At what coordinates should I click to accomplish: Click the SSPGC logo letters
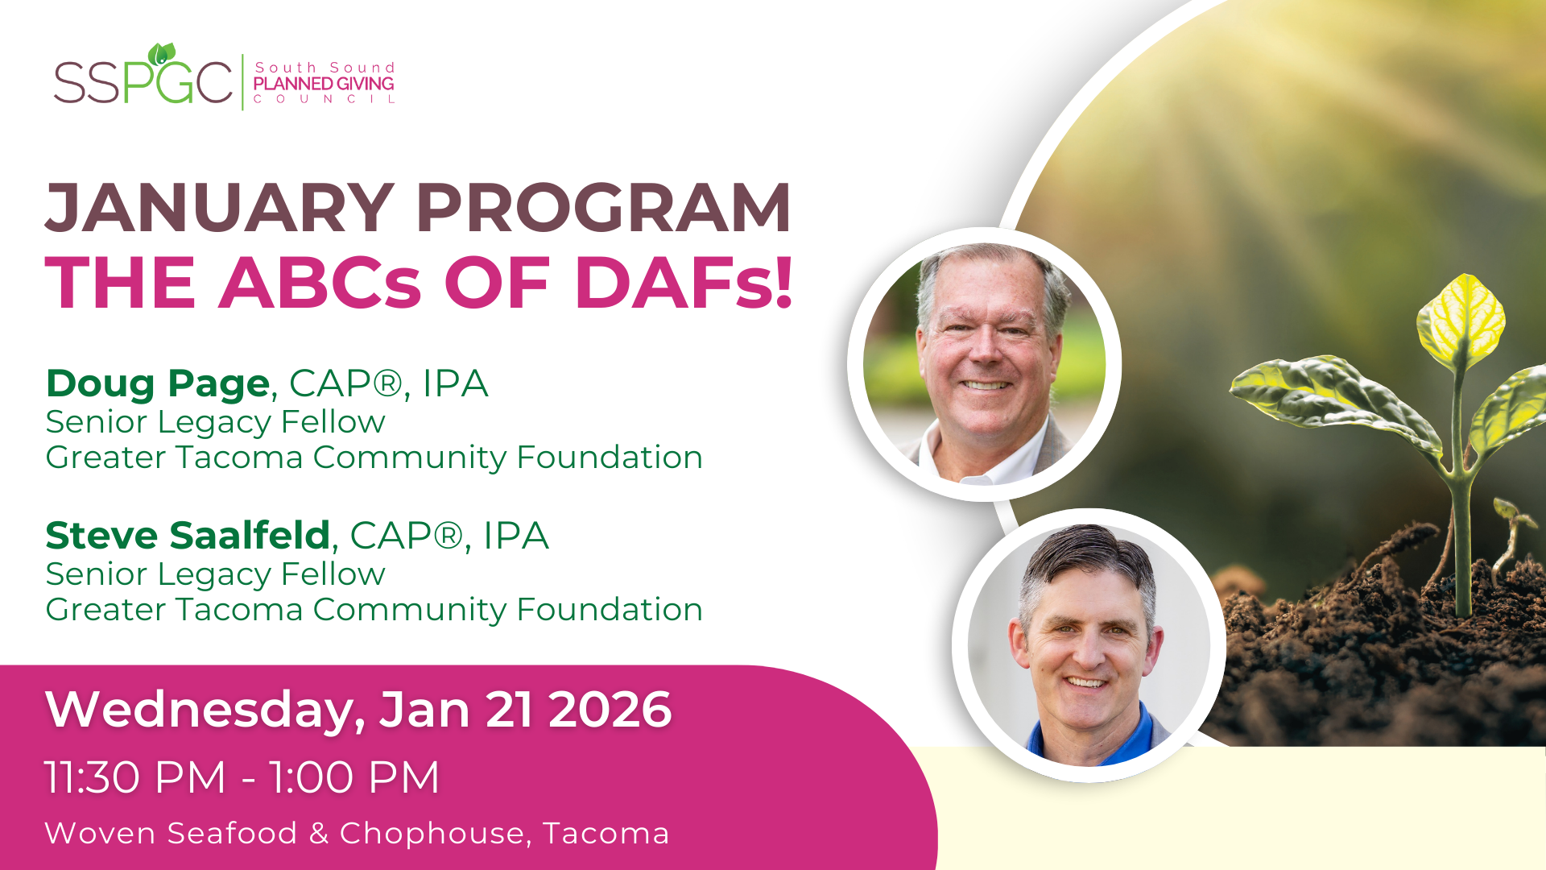coord(143,81)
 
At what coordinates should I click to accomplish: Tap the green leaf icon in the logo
coord(162,54)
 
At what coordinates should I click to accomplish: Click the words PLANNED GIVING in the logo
coord(324,83)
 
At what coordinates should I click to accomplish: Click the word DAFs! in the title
coord(684,283)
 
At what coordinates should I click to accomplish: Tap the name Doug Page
coord(157,383)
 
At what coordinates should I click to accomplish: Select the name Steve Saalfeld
coord(188,536)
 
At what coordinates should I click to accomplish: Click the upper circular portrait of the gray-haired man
coord(984,364)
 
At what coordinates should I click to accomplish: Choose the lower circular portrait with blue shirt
coord(1089,645)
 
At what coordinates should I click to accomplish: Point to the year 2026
coord(610,710)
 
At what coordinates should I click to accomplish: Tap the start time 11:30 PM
coord(135,777)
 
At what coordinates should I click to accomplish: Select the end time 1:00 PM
coord(354,777)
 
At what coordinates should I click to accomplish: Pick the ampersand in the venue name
coord(319,834)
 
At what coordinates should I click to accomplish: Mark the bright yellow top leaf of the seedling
coord(1461,320)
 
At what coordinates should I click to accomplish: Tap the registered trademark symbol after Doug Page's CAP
coord(387,383)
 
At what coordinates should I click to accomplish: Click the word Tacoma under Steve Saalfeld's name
coord(239,610)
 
